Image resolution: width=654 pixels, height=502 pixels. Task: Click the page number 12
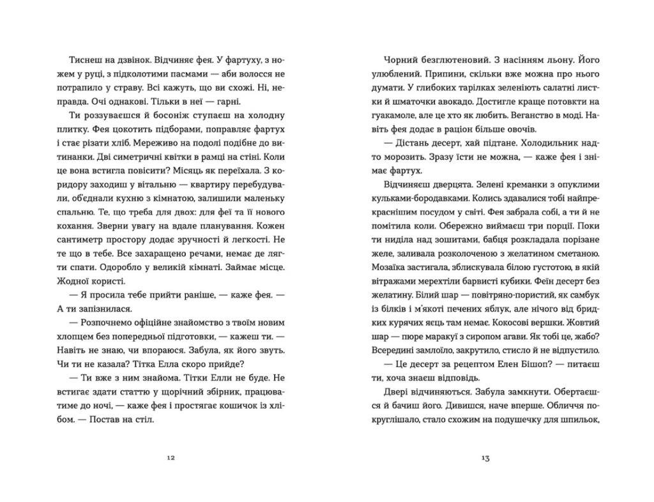[169, 457]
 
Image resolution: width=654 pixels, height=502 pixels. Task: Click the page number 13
[485, 457]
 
